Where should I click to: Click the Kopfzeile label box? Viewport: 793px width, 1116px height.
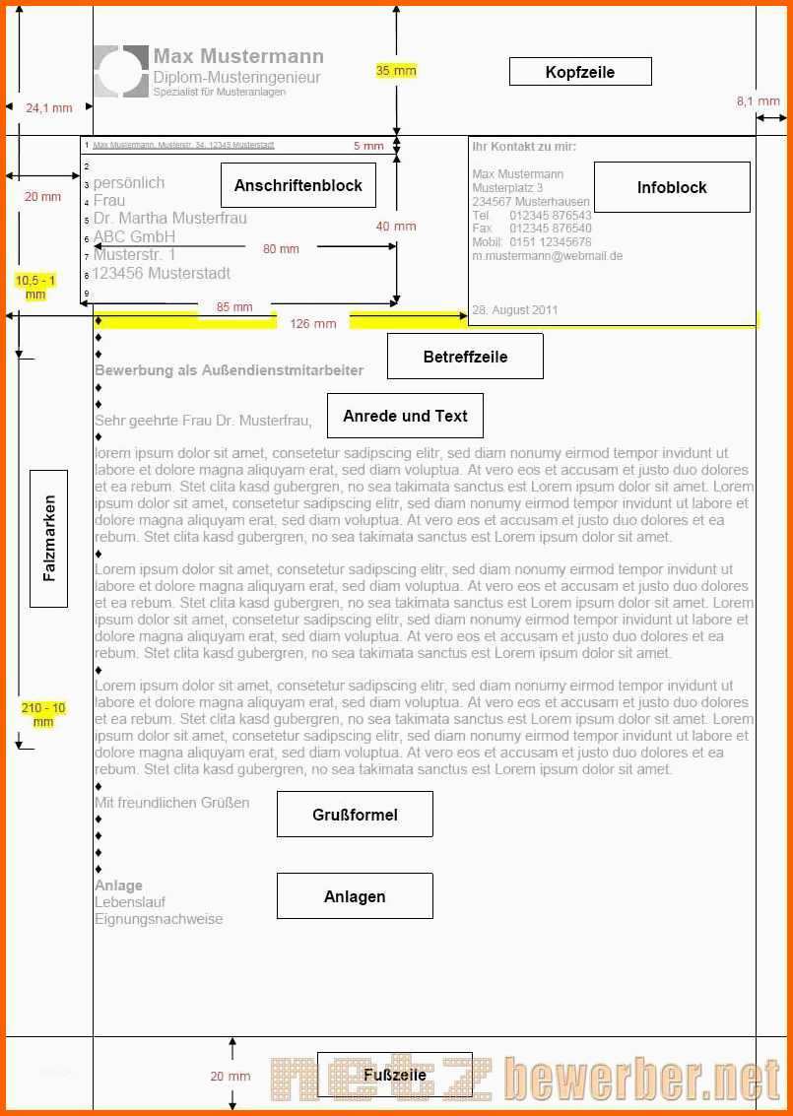coord(580,72)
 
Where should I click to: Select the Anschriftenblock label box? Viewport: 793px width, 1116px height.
coord(297,185)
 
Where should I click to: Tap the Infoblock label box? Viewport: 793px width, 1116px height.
coord(672,187)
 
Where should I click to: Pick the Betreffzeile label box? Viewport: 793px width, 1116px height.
coord(465,357)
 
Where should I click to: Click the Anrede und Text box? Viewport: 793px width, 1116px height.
coord(405,416)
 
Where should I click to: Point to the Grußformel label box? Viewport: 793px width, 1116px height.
coord(355,815)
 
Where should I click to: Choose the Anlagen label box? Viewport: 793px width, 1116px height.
coord(355,896)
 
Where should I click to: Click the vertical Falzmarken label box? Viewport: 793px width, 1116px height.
coord(49,538)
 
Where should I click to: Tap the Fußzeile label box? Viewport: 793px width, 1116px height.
coord(394,1074)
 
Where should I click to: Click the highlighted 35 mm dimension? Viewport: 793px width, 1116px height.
coord(396,71)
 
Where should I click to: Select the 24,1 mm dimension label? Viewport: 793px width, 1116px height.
coord(48,108)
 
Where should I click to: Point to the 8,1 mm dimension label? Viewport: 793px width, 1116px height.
coord(758,101)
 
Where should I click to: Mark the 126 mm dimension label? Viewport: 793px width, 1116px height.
coord(312,323)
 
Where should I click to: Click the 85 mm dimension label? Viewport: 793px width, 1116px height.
coord(235,307)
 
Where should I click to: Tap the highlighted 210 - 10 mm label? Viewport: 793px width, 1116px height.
coord(42,714)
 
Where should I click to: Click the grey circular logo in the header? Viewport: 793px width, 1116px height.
coord(121,71)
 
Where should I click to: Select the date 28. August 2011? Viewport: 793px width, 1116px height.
coord(514,309)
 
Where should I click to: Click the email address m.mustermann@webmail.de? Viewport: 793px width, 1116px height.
coord(547,256)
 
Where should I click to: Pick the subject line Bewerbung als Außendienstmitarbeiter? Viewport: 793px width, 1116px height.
coord(229,370)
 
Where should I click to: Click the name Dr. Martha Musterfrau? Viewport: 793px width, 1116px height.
coord(170,218)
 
